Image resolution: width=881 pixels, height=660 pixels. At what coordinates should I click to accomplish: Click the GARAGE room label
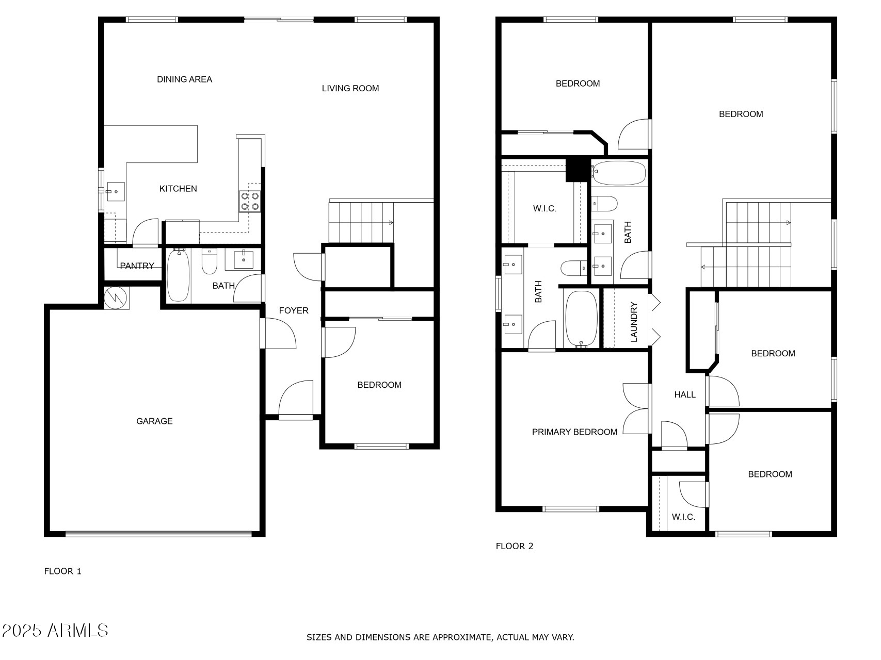pos(154,421)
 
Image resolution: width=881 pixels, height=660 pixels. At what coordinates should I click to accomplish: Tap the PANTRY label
pos(137,266)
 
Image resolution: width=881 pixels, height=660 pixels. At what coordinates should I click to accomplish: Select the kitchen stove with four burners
pos(250,201)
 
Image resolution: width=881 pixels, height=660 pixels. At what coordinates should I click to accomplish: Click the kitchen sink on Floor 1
pos(116,191)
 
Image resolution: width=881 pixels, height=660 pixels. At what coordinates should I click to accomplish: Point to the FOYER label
pos(294,310)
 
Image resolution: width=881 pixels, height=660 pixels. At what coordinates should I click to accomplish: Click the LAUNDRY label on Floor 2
pos(634,322)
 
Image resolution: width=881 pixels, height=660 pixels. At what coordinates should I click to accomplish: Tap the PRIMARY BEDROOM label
pos(574,432)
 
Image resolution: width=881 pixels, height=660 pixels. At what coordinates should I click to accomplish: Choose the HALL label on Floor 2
pos(685,394)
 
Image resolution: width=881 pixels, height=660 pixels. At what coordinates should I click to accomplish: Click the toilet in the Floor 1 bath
pos(209,262)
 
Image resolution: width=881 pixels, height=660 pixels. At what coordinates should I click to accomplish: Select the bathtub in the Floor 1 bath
pos(179,275)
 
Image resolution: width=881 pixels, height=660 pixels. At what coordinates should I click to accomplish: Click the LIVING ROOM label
pos(350,88)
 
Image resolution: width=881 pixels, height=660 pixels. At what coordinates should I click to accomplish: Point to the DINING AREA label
pos(184,79)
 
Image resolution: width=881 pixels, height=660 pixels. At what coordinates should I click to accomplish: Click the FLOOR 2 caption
pos(515,546)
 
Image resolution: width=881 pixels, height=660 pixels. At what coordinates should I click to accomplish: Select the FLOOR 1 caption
pos(63,571)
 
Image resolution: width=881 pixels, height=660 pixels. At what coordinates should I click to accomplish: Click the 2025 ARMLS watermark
pos(55,631)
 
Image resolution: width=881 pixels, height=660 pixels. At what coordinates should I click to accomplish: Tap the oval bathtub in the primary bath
pos(582,319)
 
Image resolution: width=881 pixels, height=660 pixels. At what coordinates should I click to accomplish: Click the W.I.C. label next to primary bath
pos(544,209)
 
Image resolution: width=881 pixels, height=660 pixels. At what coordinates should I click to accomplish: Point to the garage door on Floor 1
pos(159,534)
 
